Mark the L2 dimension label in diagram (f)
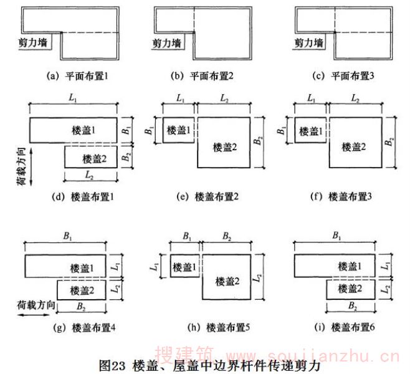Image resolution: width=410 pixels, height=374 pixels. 355,98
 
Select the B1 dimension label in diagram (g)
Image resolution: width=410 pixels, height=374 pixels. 65,237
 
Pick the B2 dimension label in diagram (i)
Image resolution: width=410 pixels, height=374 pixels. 351,307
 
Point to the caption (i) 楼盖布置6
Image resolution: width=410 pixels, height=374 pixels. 346,327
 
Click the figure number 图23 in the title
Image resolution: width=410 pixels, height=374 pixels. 113,365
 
